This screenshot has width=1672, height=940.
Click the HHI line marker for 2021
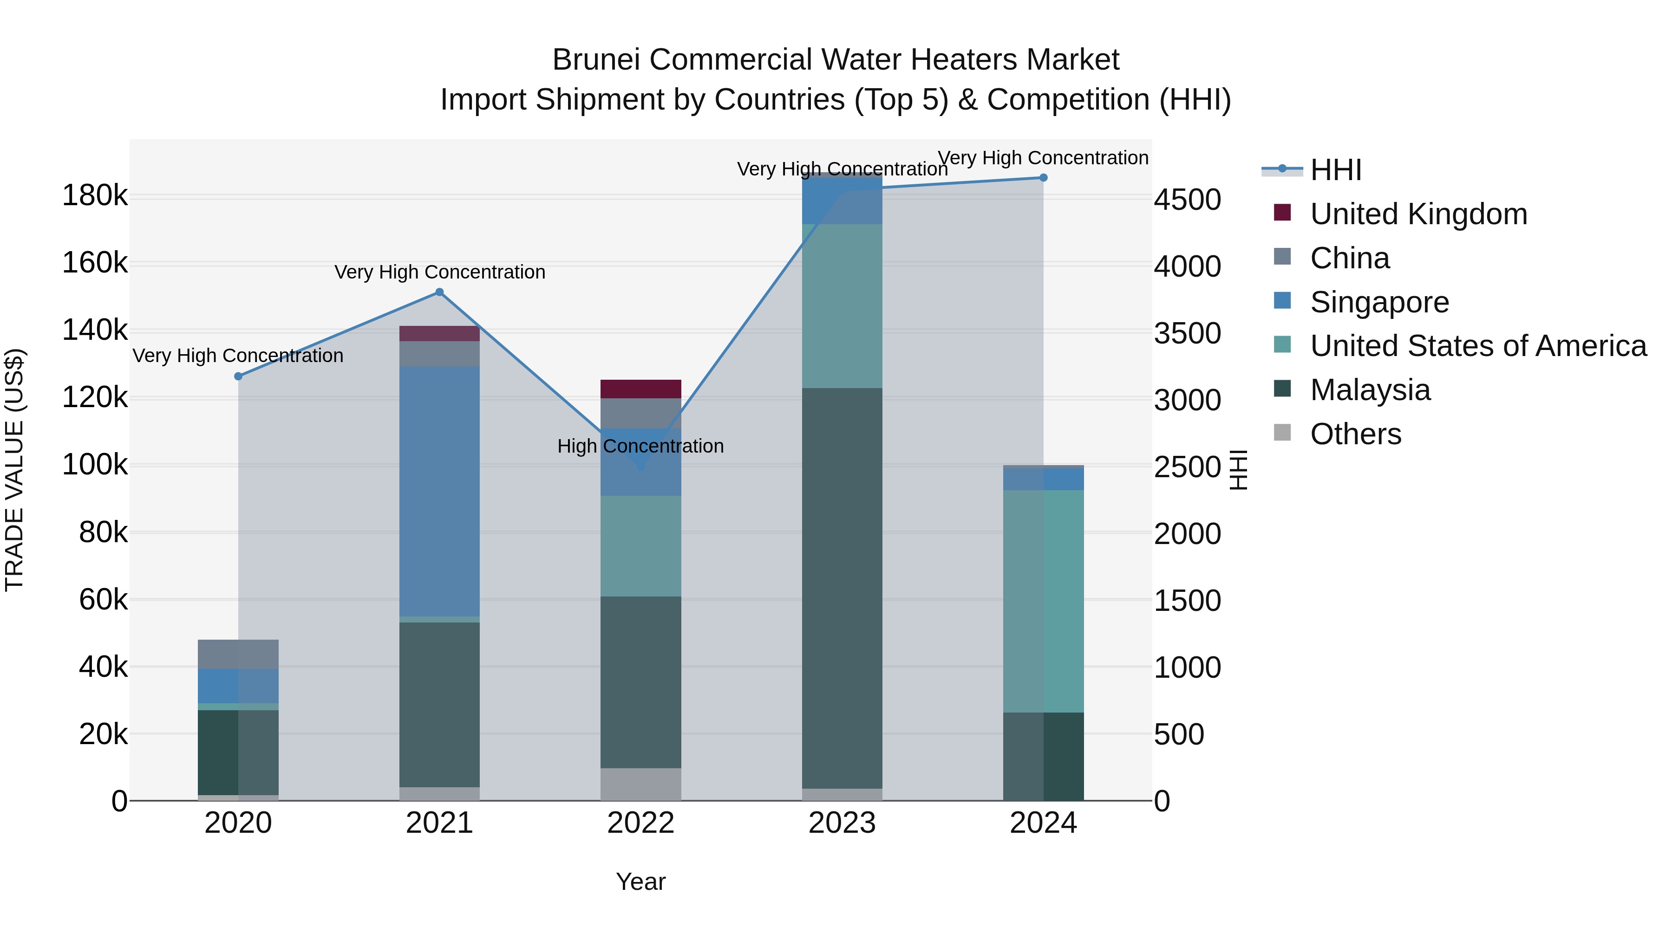pyautogui.click(x=439, y=292)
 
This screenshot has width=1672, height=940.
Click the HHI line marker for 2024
pyautogui.click(x=1044, y=178)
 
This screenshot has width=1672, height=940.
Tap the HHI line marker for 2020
pyautogui.click(x=238, y=376)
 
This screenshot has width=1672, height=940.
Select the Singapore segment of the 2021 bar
pyautogui.click(x=439, y=491)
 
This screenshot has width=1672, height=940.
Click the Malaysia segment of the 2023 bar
pyautogui.click(x=842, y=587)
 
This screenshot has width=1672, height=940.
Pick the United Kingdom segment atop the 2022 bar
pyautogui.click(x=640, y=389)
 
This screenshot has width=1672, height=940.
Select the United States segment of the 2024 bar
pyautogui.click(x=1044, y=601)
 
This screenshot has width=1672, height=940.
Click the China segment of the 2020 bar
pyautogui.click(x=238, y=654)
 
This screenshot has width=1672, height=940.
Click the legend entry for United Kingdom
pyautogui.click(x=1418, y=214)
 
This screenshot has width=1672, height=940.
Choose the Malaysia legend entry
pyautogui.click(x=1370, y=390)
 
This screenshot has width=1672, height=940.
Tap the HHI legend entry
pyautogui.click(x=1335, y=170)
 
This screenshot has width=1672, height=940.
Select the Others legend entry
pyautogui.click(x=1355, y=434)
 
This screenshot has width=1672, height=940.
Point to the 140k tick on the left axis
pyautogui.click(x=95, y=330)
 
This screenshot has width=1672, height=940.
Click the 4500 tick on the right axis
pyautogui.click(x=1187, y=199)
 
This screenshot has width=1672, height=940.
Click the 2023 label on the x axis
pyautogui.click(x=842, y=823)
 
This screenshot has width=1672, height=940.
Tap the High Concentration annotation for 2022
pyautogui.click(x=640, y=446)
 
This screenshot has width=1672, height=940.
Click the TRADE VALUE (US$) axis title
pyautogui.click(x=15, y=470)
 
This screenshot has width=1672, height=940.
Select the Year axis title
pyautogui.click(x=640, y=882)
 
